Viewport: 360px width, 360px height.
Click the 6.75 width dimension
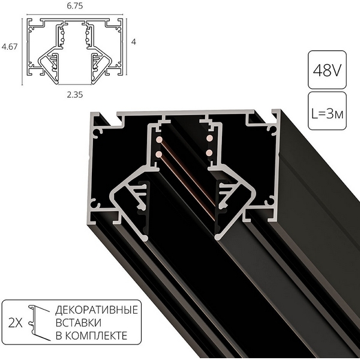tap(75, 7)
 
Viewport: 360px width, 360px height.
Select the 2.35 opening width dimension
tap(75, 94)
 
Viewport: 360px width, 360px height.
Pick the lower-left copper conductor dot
tap(159, 154)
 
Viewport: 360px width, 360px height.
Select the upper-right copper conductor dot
tap(210, 139)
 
